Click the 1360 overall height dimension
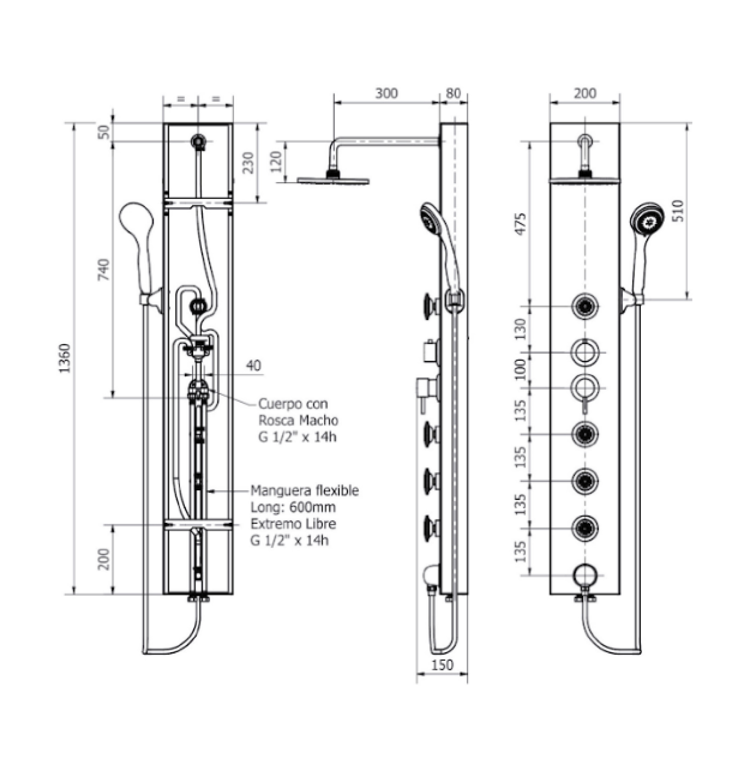[64, 358]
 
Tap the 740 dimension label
[104, 269]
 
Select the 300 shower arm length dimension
[386, 94]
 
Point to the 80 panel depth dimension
[453, 94]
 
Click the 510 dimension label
[679, 211]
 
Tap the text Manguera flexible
[304, 490]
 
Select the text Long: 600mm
[293, 507]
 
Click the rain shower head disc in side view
[333, 181]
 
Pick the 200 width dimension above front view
[585, 94]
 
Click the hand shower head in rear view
[135, 218]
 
